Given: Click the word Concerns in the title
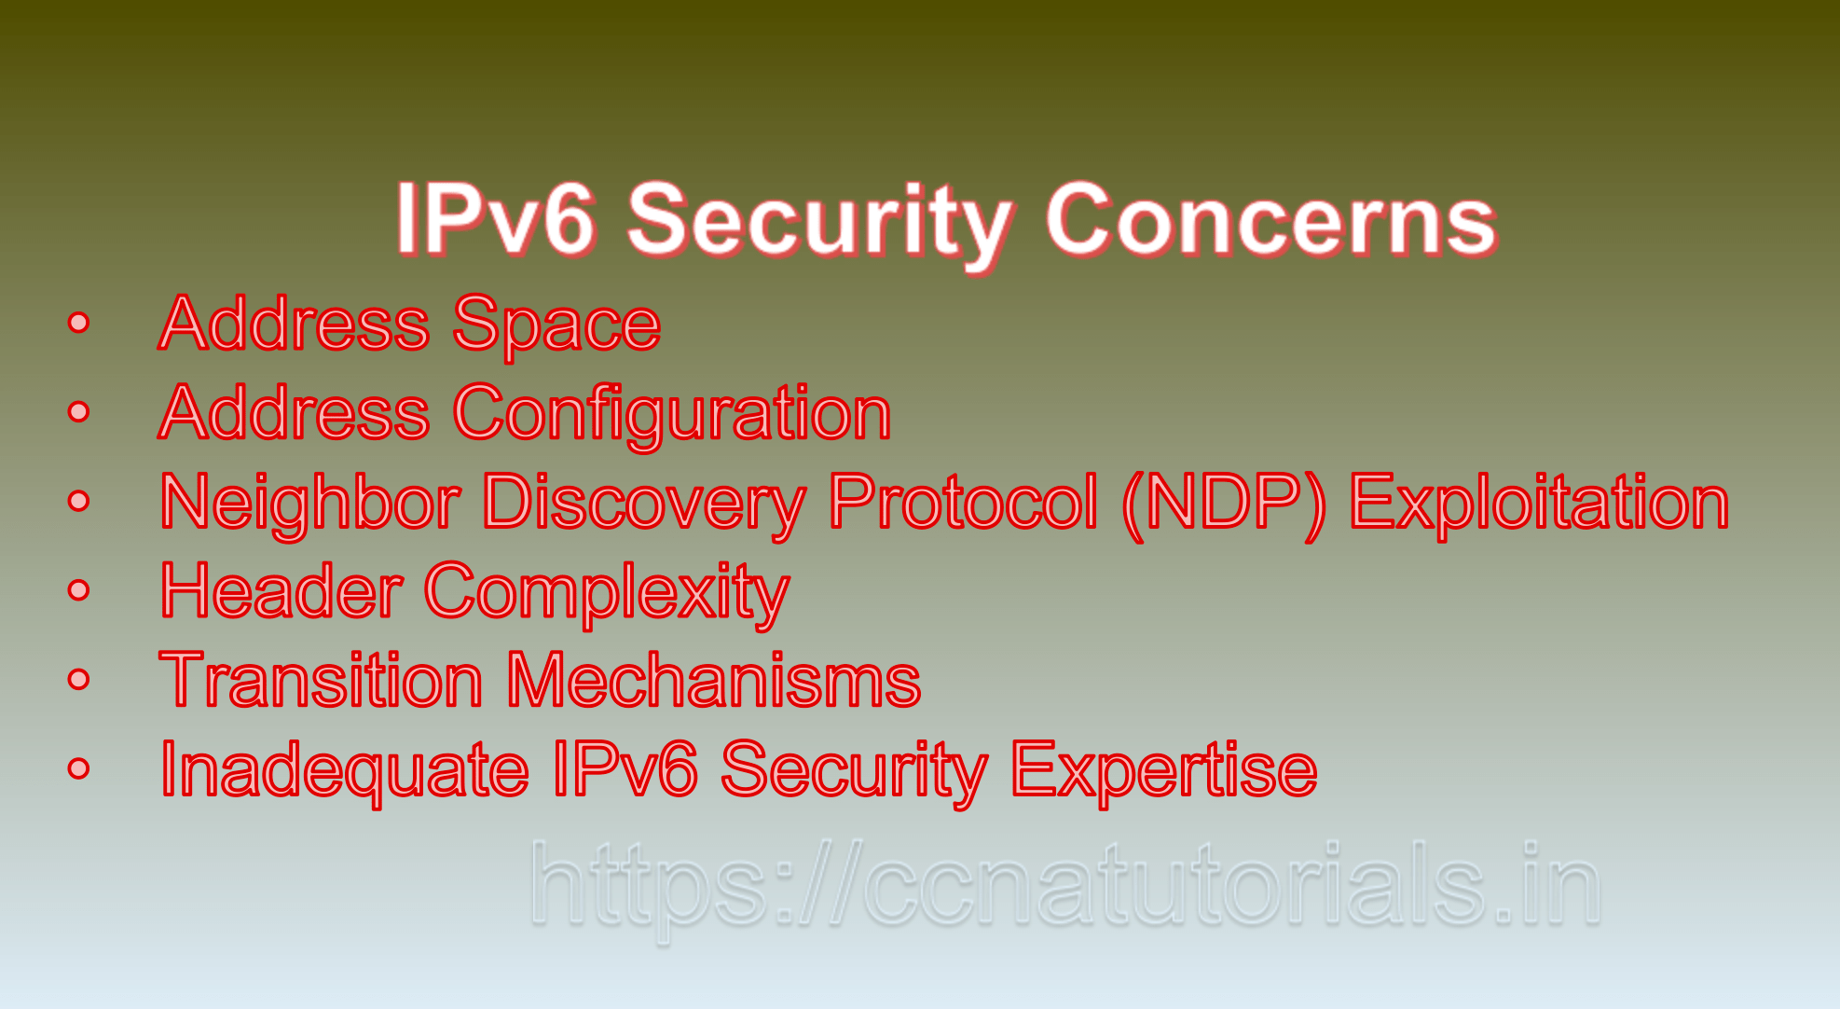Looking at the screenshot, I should pos(1270,220).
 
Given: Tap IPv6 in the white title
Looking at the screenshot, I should pos(495,220).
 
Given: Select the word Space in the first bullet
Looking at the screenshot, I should pos(556,324).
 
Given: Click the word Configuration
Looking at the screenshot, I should pos(672,413).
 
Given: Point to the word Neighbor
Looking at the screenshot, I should pos(310,503).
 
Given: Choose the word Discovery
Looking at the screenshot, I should pos(644,503).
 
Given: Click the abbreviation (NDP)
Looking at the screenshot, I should pos(1224,503).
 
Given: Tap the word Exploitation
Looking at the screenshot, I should pos(1539,503).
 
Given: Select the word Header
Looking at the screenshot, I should pos(281,591).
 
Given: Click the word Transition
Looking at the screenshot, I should pos(322,681).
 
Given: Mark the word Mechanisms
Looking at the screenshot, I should pos(714,681).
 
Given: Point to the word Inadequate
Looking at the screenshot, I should pos(345,770).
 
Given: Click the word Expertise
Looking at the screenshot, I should pos(1164,770).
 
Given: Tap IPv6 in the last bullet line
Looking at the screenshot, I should pos(625,770).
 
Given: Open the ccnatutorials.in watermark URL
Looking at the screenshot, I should pos(1064,884).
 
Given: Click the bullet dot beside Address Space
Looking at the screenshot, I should pos(79,324).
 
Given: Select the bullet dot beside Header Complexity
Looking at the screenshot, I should pos(79,590).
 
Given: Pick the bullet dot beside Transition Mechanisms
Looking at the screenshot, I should pos(79,680).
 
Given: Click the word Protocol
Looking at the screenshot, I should pos(963,503).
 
